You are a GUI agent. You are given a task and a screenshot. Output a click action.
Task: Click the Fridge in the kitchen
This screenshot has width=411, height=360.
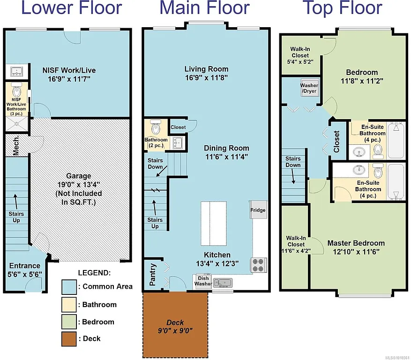point(258,210)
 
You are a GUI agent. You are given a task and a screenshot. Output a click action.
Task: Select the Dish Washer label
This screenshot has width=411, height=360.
point(203,281)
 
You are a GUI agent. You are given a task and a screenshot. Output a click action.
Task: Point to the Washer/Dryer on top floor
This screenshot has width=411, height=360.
point(309,88)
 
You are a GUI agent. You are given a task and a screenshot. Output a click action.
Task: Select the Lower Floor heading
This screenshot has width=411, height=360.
point(65,8)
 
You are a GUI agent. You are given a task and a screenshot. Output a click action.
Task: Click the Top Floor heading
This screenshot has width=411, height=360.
point(342,8)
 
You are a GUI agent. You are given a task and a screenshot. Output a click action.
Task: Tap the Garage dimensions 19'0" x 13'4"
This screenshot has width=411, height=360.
point(79,185)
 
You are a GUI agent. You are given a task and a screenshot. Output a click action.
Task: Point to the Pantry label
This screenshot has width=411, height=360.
point(153,277)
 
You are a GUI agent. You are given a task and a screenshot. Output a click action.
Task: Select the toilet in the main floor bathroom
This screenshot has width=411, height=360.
point(156,127)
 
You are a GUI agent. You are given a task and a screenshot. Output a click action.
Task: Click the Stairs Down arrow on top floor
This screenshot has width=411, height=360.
point(293,176)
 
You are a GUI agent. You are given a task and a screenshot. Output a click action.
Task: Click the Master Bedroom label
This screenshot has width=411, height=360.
point(356,243)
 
